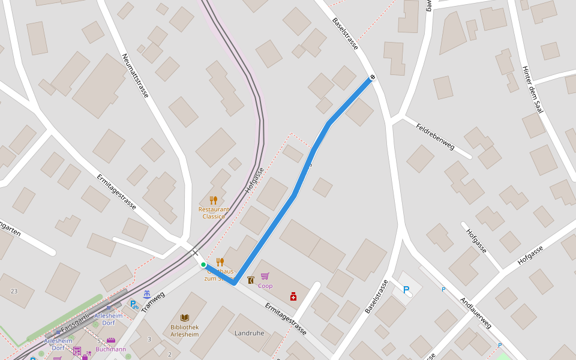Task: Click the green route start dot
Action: click(x=203, y=264)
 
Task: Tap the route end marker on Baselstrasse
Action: click(x=373, y=77)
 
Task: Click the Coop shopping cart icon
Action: click(x=265, y=277)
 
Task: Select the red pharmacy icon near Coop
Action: click(x=293, y=296)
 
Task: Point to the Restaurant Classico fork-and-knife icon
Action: click(x=213, y=200)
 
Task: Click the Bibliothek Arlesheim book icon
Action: click(x=185, y=317)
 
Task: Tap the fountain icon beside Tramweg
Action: click(x=147, y=294)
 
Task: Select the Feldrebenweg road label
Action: click(x=436, y=136)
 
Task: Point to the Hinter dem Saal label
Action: click(x=532, y=89)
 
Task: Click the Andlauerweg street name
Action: click(x=475, y=313)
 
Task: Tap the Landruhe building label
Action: click(x=250, y=333)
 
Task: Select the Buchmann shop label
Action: click(x=111, y=349)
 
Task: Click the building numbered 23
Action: click(x=14, y=291)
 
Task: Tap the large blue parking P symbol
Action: click(x=406, y=290)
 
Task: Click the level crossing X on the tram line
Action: click(x=194, y=253)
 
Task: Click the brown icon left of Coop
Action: click(x=250, y=279)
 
